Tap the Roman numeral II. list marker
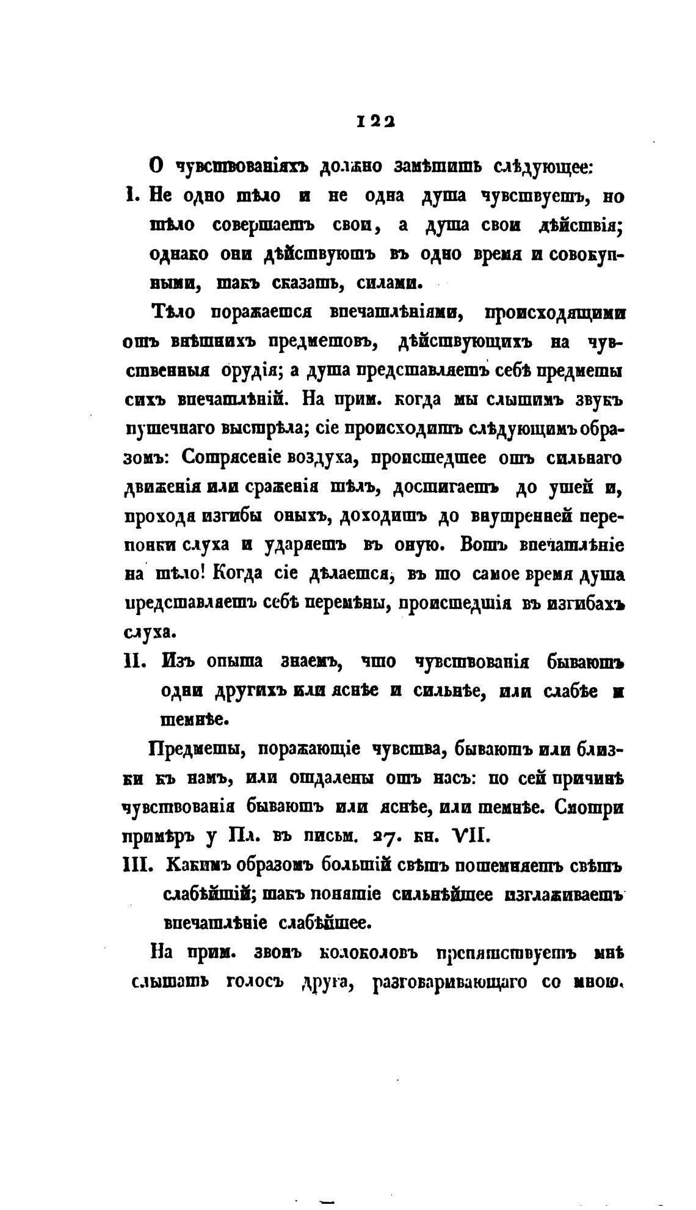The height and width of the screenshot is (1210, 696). tap(134, 661)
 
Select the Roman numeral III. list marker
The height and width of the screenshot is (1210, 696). tap(137, 866)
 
